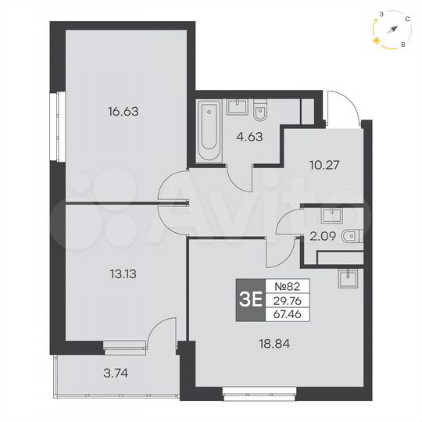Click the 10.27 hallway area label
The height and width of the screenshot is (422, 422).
321,165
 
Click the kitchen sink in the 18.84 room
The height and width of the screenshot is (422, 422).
345,277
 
